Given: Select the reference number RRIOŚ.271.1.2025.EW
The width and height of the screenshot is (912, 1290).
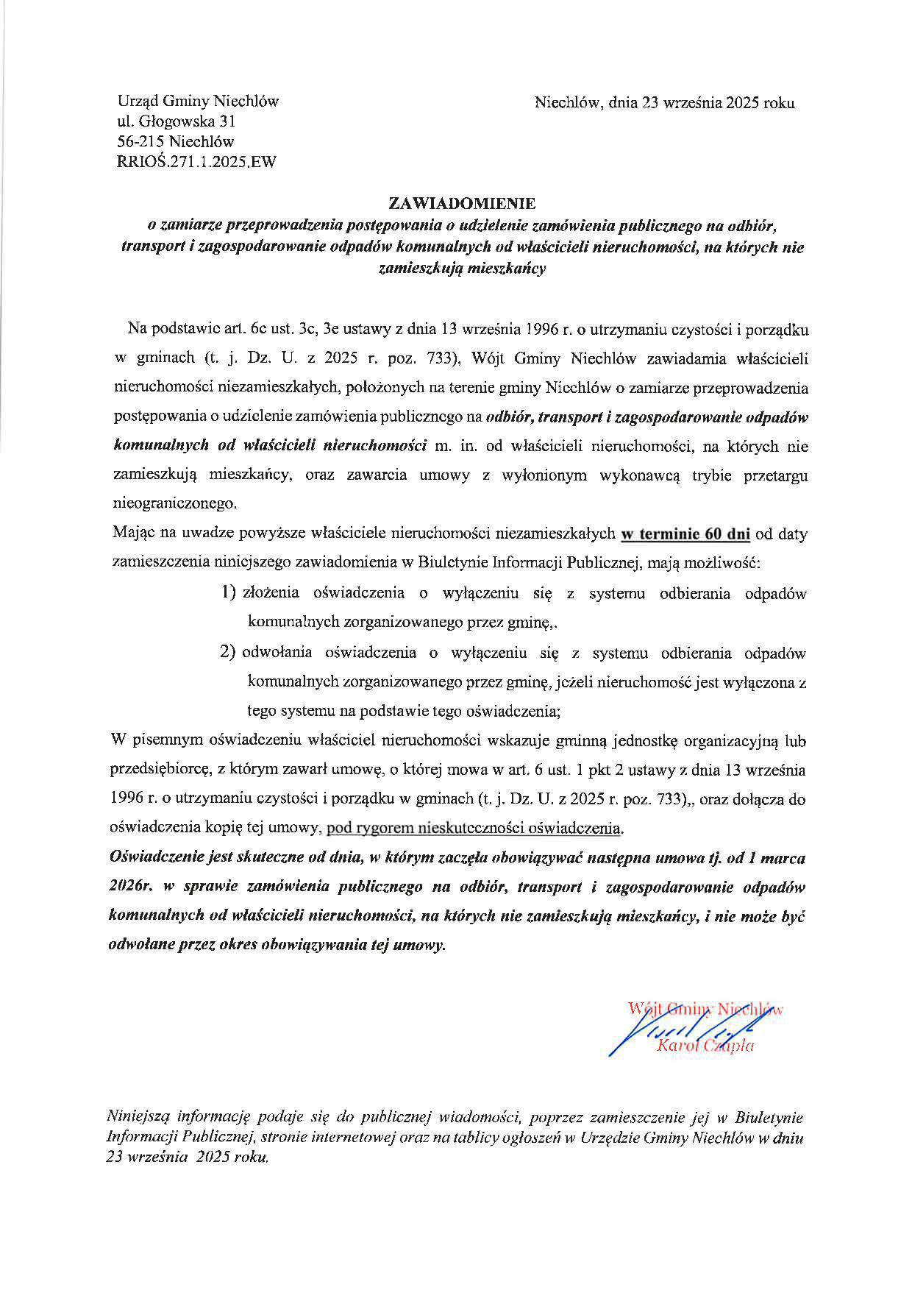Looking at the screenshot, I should pos(196,163).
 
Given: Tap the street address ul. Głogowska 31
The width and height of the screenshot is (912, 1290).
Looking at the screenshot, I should pos(176,121).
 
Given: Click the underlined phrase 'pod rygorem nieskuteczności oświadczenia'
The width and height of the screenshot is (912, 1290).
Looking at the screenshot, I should pos(474,828).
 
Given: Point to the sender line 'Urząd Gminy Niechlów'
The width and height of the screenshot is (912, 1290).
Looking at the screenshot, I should pos(198,102).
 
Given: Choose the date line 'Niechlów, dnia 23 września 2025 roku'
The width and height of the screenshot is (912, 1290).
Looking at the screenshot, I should pos(664,103).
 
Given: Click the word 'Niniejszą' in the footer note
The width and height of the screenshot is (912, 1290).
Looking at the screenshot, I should pos(137,1116).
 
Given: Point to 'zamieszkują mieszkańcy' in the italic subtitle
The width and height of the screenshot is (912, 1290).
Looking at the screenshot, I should pos(462,269).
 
